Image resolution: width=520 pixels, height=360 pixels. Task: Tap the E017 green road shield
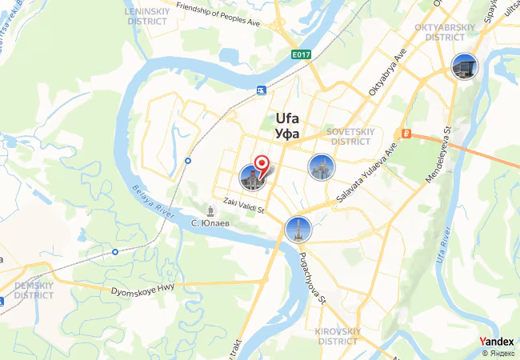(x=301, y=54)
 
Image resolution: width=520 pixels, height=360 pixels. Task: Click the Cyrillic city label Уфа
(x=286, y=134)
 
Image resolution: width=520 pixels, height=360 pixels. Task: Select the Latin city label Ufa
(x=287, y=117)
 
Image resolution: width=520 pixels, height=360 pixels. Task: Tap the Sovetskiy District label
(x=350, y=136)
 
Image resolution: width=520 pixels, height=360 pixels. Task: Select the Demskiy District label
(x=34, y=290)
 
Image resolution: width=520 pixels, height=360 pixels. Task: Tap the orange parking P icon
(x=407, y=134)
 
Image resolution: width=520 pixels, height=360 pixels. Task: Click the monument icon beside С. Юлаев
(x=210, y=210)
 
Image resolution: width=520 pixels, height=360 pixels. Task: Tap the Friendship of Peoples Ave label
(x=218, y=15)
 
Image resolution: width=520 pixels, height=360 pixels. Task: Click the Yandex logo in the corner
(x=497, y=342)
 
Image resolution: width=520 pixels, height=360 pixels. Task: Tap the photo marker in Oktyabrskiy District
(x=463, y=66)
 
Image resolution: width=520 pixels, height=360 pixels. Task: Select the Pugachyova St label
(x=311, y=278)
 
